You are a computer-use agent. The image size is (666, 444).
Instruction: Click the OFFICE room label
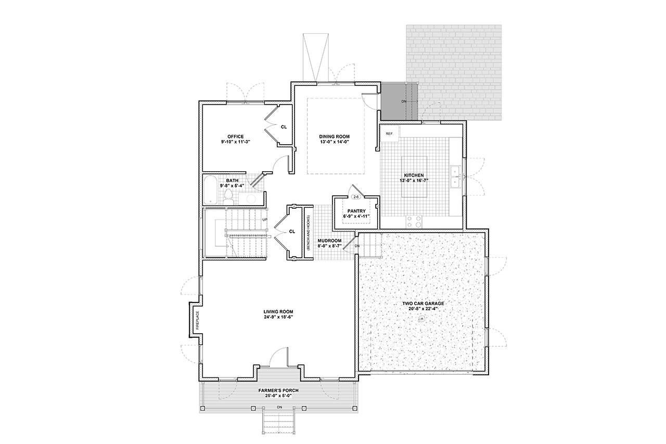(235, 136)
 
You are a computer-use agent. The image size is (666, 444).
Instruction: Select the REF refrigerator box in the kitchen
(389, 134)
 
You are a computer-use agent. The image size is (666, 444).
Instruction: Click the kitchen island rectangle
(414, 177)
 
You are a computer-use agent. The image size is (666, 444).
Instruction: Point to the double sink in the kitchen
(455, 177)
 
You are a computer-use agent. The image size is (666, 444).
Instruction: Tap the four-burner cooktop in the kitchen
(415, 222)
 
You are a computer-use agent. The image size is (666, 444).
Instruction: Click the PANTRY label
(356, 211)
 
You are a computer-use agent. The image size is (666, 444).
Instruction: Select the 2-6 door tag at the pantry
(356, 197)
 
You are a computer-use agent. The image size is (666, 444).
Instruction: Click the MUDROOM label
(329, 240)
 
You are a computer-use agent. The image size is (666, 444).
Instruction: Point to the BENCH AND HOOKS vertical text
(308, 233)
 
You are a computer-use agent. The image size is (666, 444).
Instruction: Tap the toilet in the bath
(228, 196)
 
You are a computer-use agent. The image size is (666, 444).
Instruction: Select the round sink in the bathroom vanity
(249, 198)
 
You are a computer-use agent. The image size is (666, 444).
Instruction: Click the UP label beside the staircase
(265, 219)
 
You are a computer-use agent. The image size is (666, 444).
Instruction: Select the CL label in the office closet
(284, 126)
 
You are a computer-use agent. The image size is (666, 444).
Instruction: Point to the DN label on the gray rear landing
(404, 101)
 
